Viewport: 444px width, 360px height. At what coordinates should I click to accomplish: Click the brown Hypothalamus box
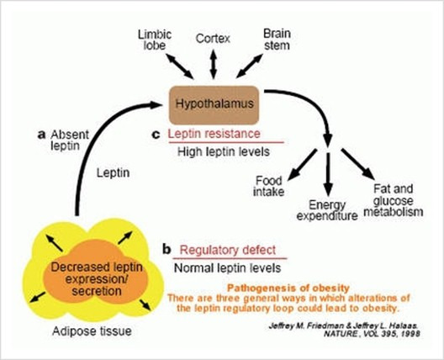point(214,105)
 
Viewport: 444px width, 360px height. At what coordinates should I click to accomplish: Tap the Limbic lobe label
point(155,40)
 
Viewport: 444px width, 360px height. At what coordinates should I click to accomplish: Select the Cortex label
point(213,39)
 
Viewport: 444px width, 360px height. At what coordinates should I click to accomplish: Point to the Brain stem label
point(277,40)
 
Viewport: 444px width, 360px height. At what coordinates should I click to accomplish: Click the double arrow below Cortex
point(214,64)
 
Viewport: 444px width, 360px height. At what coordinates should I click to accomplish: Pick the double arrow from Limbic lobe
point(179,66)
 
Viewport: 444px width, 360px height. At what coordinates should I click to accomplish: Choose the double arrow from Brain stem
point(250,66)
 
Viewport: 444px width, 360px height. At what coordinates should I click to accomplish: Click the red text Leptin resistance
point(214,134)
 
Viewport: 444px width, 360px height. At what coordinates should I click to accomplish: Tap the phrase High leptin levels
point(224,151)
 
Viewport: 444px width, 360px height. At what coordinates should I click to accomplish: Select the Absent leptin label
point(69,140)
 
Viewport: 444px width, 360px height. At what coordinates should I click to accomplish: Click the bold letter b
point(166,249)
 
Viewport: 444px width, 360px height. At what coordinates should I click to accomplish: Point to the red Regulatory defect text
point(228,251)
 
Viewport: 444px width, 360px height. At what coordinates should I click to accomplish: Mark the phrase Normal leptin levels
point(227,268)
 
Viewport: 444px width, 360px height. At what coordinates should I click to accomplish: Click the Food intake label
point(269,186)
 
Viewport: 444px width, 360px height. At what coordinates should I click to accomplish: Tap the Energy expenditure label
point(327,210)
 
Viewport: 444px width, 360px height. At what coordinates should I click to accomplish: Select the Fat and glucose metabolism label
point(394,200)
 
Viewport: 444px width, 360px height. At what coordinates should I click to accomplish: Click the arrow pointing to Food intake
point(302,165)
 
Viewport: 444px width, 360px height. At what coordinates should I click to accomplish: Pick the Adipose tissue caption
point(92,331)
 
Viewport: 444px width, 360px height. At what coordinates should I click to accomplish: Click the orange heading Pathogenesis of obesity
point(288,289)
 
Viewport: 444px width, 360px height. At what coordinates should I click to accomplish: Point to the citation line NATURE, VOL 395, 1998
point(372,334)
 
